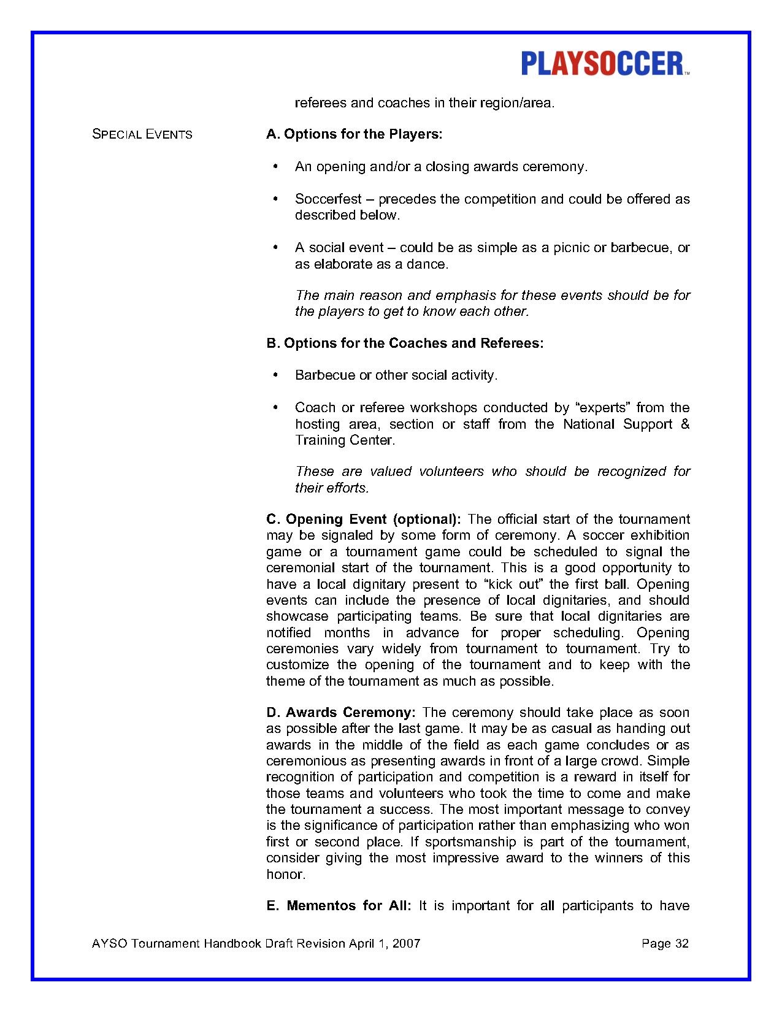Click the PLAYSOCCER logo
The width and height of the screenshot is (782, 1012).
(x=605, y=64)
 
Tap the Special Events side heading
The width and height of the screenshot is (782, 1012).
(x=142, y=134)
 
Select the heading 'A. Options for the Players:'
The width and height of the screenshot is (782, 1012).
(x=354, y=134)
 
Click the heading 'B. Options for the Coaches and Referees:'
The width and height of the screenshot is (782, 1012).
(x=405, y=343)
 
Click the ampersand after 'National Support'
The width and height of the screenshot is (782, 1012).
(x=685, y=424)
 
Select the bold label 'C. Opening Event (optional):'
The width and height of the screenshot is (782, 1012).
(x=363, y=519)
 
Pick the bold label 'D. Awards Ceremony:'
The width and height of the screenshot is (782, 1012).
(x=341, y=713)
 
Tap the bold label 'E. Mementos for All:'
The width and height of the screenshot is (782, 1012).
(x=339, y=906)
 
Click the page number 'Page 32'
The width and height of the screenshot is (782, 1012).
(x=665, y=943)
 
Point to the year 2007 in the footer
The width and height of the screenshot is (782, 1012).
(x=407, y=943)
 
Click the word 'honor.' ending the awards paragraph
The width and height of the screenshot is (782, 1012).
(x=286, y=875)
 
